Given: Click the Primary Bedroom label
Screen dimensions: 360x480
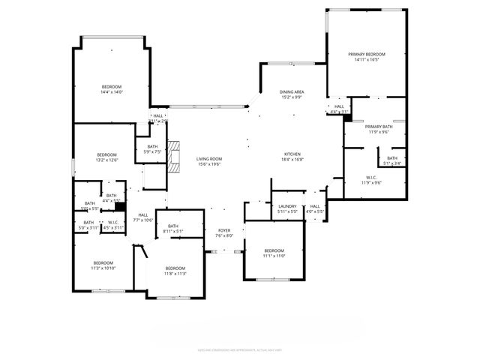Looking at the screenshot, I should (366, 55).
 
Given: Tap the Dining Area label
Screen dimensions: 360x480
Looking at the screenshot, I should (291, 91).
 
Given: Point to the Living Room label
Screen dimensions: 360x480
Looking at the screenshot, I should (209, 159).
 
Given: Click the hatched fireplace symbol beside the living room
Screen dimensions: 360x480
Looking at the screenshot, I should (174, 156).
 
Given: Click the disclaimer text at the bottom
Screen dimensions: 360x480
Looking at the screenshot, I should (239, 349).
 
